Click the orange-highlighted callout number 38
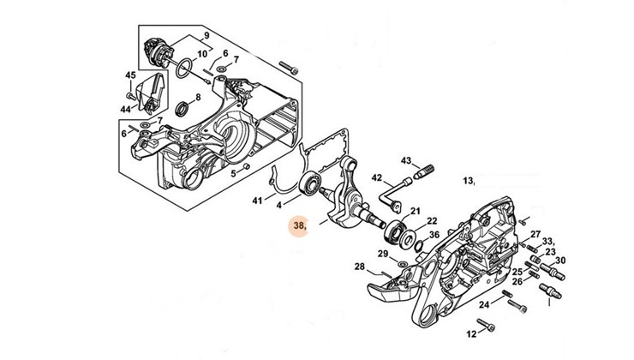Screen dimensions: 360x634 tap(299, 226)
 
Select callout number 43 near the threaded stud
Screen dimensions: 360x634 tap(406, 160)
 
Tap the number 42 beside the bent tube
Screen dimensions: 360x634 tap(376, 177)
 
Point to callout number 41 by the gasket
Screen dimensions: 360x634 tap(258, 201)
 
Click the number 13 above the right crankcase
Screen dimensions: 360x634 tap(468, 181)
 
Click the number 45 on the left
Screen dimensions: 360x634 tap(130, 75)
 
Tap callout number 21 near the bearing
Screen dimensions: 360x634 tap(415, 211)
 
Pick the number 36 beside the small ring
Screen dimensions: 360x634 tap(434, 235)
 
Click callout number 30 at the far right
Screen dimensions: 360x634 tap(559, 261)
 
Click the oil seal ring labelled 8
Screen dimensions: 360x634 tap(182, 110)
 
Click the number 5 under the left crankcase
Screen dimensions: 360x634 tap(232, 173)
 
